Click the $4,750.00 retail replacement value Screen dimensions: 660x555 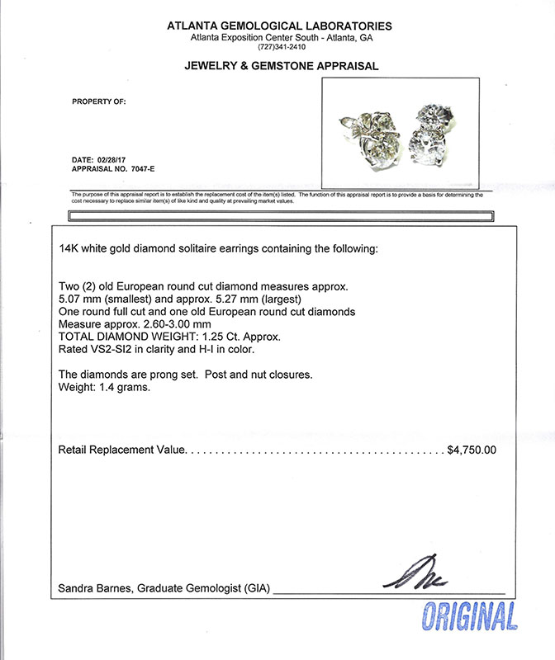[471, 450]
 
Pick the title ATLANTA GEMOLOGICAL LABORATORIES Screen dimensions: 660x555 [280, 26]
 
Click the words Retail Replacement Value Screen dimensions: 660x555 [123, 450]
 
